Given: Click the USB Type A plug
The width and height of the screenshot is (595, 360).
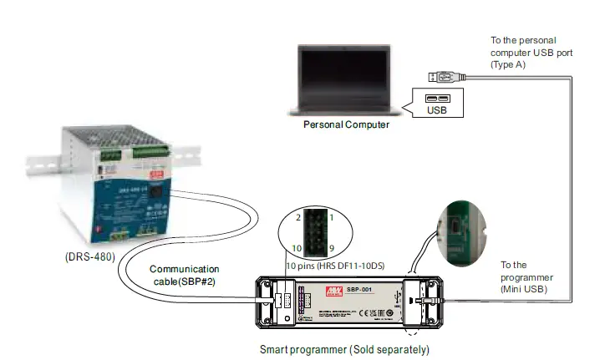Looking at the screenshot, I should coord(444,77).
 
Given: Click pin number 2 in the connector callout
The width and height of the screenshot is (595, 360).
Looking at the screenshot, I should coord(297,218).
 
